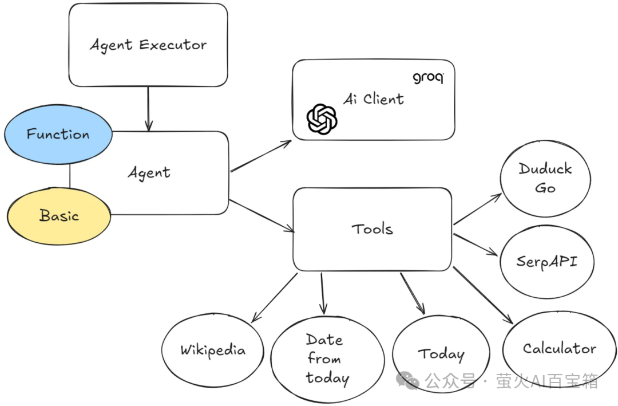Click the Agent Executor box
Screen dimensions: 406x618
(148, 45)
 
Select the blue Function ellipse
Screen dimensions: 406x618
(58, 135)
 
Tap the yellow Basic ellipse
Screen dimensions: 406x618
(59, 216)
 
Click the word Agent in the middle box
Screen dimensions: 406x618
(149, 172)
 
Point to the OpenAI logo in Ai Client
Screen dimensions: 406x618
(322, 119)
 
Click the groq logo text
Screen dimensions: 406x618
(427, 77)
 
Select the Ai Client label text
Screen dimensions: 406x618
(373, 98)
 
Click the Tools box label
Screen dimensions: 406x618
(372, 229)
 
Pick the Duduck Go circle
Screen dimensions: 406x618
(545, 178)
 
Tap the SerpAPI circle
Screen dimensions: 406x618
(546, 262)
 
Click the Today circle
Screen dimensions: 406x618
(441, 354)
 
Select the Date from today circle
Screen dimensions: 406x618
(327, 359)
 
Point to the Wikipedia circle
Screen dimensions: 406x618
(212, 350)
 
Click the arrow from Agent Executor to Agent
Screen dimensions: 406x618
(149, 108)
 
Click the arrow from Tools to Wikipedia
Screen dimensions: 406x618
(275, 297)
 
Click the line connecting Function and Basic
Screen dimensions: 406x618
(70, 175)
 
